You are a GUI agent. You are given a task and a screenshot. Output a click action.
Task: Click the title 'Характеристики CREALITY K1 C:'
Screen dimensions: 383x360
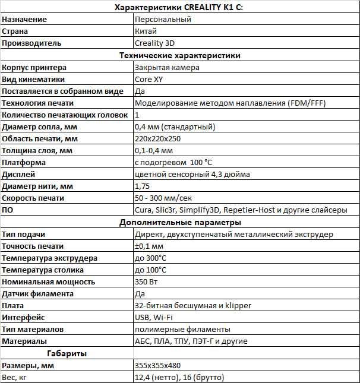pyautogui.click(x=180, y=7)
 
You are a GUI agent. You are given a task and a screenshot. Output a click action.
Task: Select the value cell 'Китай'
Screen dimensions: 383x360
pyautogui.click(x=146, y=31)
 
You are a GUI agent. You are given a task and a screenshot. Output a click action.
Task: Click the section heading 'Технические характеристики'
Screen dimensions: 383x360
pyautogui.click(x=180, y=55)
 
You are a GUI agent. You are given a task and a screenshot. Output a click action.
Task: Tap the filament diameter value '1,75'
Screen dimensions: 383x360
pyautogui.click(x=143, y=186)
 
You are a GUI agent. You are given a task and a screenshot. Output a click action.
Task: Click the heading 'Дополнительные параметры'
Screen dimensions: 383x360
pyautogui.click(x=180, y=222)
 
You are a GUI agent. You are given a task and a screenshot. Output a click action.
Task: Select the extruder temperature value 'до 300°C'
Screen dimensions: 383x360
pyautogui.click(x=151, y=258)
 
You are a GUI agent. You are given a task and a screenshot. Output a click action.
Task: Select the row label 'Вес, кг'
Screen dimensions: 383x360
pyautogui.click(x=16, y=377)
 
